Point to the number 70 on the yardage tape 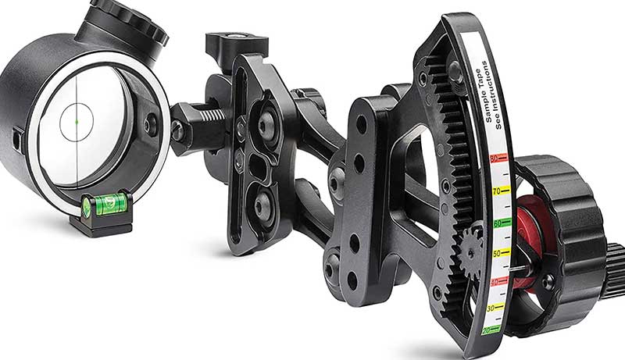tap(496, 190)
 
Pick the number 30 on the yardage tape tap(492, 309)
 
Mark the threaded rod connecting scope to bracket tap(198, 120)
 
